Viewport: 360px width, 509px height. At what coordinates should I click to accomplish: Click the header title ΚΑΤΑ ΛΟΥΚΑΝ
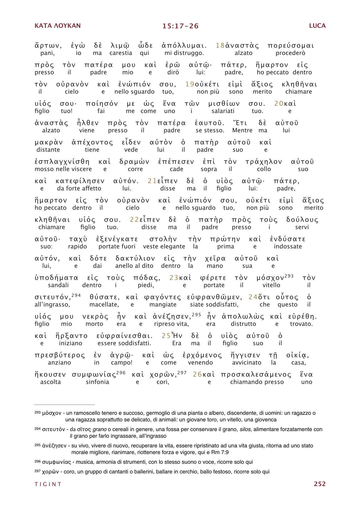pyautogui.click(x=58, y=26)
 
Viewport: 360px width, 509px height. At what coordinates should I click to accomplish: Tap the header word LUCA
pyautogui.click(x=317, y=26)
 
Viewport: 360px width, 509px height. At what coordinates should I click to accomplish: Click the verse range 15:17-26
pyautogui.click(x=180, y=26)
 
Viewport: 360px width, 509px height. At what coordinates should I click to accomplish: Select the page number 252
pyautogui.click(x=320, y=484)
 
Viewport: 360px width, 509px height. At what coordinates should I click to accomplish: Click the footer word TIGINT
pyautogui.click(x=48, y=484)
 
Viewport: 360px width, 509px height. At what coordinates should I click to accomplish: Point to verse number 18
pyautogui.click(x=220, y=46)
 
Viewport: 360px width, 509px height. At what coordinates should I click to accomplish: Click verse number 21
pyautogui.click(x=152, y=181)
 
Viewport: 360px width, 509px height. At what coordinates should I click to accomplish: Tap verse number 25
pyautogui.click(x=166, y=336)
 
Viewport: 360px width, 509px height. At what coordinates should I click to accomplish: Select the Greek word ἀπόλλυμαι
pyautogui.click(x=184, y=46)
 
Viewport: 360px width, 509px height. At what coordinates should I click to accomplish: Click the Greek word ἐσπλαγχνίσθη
pyautogui.click(x=62, y=162)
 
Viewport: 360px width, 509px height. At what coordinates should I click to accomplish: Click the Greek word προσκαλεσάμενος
pyautogui.click(x=256, y=375)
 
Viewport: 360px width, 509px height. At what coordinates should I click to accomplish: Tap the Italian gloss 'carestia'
pyautogui.click(x=121, y=53)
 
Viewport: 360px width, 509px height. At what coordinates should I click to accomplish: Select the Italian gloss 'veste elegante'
pyautogui.click(x=164, y=246)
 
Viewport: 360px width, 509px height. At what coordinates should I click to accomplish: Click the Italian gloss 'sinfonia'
pyautogui.click(x=97, y=382)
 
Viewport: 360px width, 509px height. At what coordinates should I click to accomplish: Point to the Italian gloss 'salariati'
pyautogui.click(x=223, y=111)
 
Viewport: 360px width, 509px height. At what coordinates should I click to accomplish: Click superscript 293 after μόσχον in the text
pyautogui.click(x=289, y=276)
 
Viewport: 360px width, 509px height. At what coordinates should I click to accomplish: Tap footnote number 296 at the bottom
pyautogui.click(x=37, y=461)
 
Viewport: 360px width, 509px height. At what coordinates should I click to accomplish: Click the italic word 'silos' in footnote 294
pyautogui.click(x=246, y=429)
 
